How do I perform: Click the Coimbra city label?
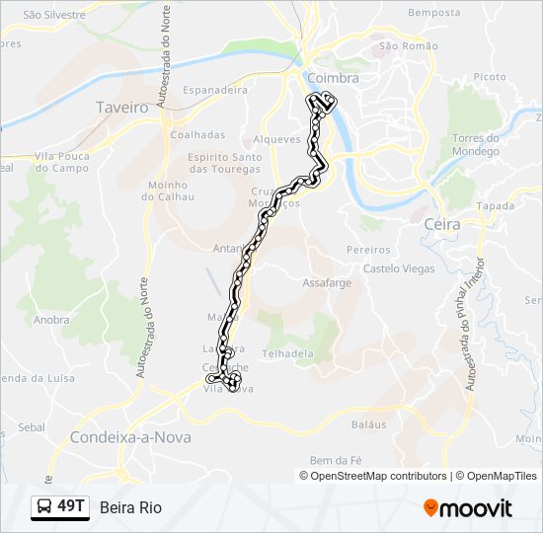click(333, 78)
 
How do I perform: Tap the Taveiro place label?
click(122, 107)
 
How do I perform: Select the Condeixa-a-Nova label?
click(130, 437)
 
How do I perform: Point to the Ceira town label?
click(441, 225)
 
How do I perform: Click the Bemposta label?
click(433, 13)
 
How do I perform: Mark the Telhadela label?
click(287, 353)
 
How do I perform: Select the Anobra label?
click(51, 320)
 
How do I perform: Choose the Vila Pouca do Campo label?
click(62, 162)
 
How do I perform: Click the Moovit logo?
click(468, 508)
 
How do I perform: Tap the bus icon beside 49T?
click(45, 507)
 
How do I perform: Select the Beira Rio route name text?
click(130, 507)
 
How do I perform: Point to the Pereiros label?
click(368, 251)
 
